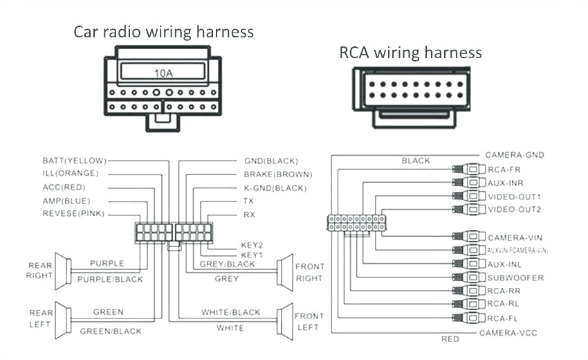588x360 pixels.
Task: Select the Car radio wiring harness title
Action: point(164,32)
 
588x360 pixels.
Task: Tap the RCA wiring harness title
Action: point(410,53)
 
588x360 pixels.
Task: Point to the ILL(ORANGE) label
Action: point(71,173)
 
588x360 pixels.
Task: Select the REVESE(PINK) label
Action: point(73,214)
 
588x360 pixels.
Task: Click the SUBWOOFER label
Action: point(515,278)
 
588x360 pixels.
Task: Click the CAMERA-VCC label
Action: point(508,333)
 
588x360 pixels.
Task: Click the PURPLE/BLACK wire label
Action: point(110,279)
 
